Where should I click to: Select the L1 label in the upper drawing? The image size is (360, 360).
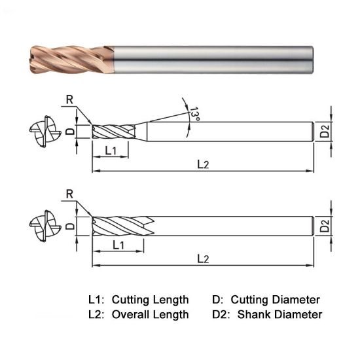pos(111,151)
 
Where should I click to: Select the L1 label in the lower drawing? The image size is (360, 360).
pos(118,245)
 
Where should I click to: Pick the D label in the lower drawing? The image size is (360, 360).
pos(70,226)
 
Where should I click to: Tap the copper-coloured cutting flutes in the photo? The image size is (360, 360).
pos(72,58)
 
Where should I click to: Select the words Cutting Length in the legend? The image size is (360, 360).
pos(150,300)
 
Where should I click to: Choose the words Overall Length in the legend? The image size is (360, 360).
pos(150,315)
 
